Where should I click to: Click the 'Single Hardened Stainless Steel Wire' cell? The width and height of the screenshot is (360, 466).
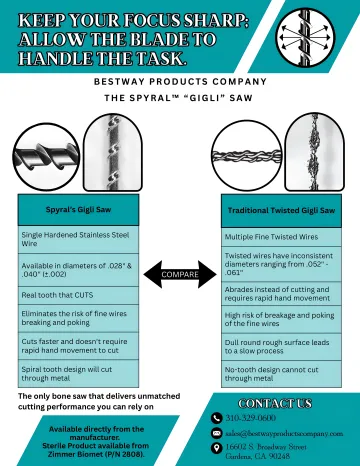(x=78, y=238)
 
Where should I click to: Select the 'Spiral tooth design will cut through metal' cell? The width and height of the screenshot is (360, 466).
(x=78, y=372)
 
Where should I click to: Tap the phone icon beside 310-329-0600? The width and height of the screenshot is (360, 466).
(x=217, y=417)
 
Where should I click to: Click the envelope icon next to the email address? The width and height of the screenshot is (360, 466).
(x=217, y=433)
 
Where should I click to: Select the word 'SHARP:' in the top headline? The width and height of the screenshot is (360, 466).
(x=200, y=17)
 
